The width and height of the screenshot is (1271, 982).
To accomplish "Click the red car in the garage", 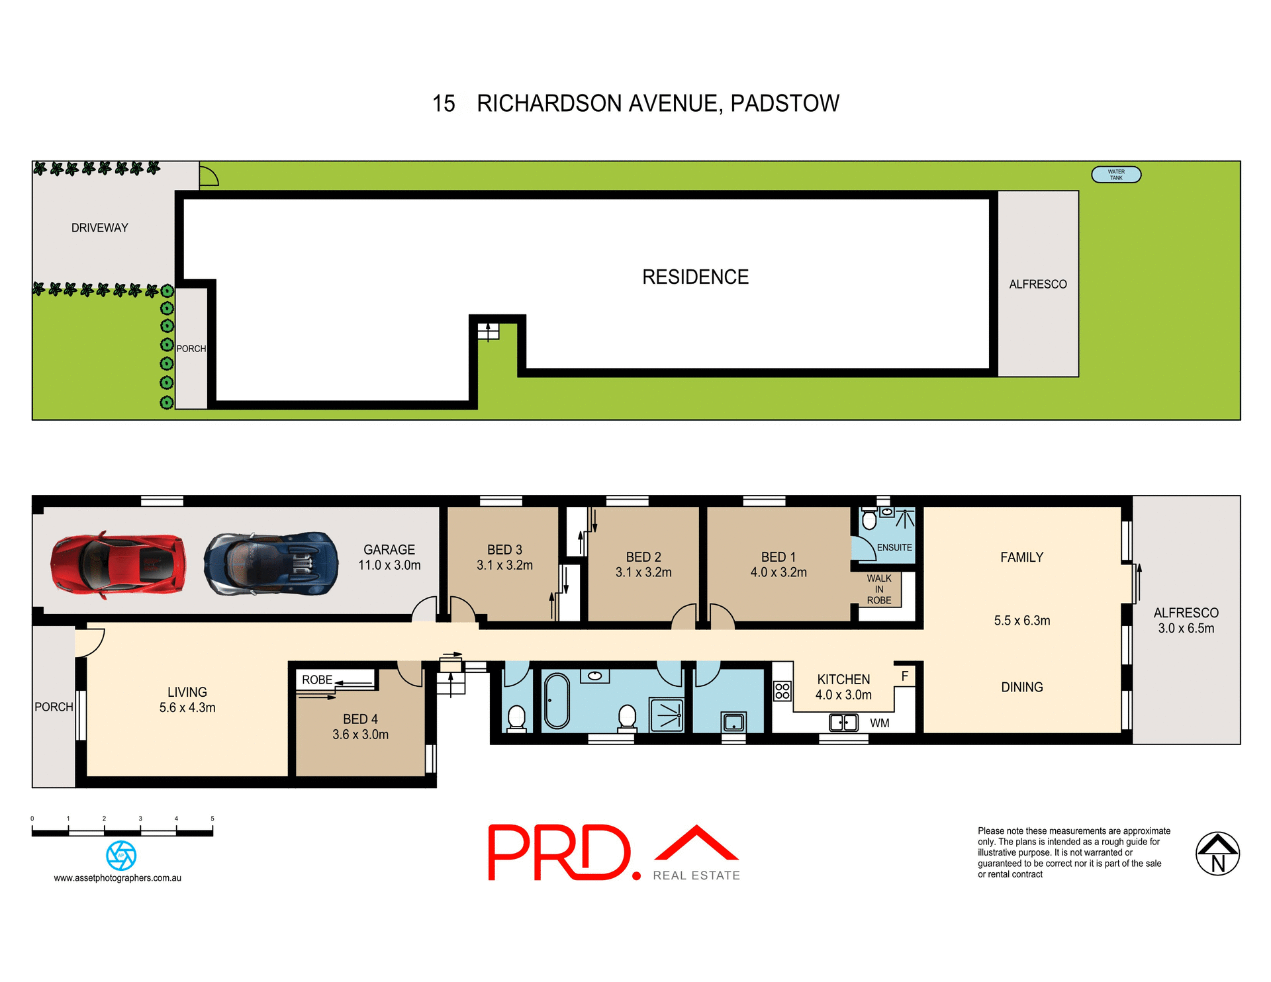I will click(x=118, y=565).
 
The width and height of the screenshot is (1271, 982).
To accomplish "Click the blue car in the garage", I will click(x=271, y=564).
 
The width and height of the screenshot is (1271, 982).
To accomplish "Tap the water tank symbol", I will click(x=1116, y=175).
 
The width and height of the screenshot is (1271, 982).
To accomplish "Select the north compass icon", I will click(x=1217, y=854).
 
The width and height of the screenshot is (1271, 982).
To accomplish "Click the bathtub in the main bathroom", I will click(x=557, y=701).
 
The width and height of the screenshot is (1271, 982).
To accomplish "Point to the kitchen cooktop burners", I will click(x=782, y=691).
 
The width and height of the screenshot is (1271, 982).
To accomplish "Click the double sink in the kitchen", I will click(x=843, y=722).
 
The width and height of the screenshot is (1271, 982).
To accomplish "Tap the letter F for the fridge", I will click(x=904, y=676).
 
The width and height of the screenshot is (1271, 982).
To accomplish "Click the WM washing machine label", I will click(x=879, y=723).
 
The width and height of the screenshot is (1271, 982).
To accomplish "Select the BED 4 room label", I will click(x=360, y=727).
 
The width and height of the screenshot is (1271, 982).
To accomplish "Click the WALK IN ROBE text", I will click(x=879, y=589).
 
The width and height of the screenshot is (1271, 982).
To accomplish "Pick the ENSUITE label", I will click(x=894, y=547).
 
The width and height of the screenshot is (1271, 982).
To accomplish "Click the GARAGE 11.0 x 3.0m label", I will click(x=389, y=557).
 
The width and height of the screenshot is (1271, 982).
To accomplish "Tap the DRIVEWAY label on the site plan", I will click(x=100, y=228).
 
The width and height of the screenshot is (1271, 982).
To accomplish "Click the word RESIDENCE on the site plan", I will click(x=695, y=277).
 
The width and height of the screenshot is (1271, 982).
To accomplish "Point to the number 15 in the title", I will click(x=444, y=104).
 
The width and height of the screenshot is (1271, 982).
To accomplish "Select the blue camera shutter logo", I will click(x=121, y=856).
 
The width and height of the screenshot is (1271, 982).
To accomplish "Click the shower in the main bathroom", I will click(x=667, y=715).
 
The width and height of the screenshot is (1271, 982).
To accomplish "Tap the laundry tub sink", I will click(x=733, y=721).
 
